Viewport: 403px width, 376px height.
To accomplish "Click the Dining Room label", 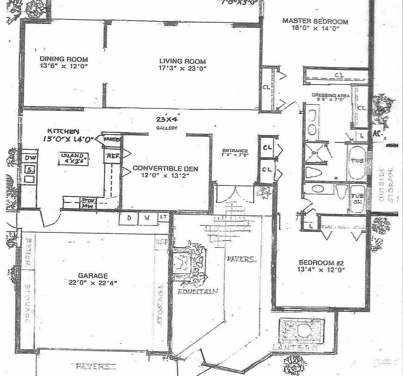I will (x=64, y=59).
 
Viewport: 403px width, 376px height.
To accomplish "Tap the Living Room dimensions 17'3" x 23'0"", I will (x=183, y=69).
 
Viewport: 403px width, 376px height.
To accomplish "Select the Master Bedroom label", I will (x=315, y=22).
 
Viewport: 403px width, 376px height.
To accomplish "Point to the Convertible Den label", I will (x=165, y=168).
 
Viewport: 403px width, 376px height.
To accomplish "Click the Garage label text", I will (x=93, y=276).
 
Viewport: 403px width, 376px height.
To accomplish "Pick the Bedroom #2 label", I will (x=321, y=262).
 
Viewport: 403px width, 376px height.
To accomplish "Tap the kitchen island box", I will (x=74, y=158).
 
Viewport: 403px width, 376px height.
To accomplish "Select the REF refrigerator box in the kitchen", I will (x=112, y=156).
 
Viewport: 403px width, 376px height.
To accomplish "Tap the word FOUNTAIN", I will (x=198, y=291).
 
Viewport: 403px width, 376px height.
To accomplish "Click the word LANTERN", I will (x=295, y=348).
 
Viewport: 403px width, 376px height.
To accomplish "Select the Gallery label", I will (x=167, y=128).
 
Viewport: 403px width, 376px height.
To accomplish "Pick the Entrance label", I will (x=235, y=151).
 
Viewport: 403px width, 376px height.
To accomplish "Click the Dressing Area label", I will (x=331, y=95).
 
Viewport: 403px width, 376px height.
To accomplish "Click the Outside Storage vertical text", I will (x=386, y=184).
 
